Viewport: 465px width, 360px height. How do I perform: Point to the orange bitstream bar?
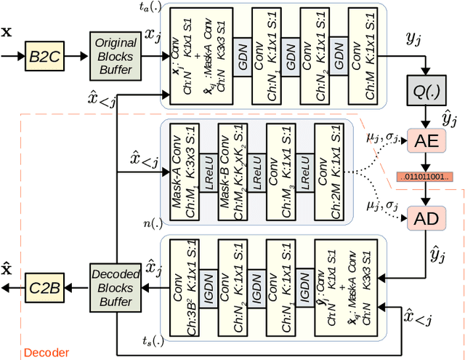pyautogui.click(x=424, y=177)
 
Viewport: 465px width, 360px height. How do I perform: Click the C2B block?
pyautogui.click(x=44, y=288)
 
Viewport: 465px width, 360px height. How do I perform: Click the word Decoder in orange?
pyautogui.click(x=46, y=353)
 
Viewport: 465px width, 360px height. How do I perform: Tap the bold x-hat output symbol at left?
pyautogui.click(x=8, y=268)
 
